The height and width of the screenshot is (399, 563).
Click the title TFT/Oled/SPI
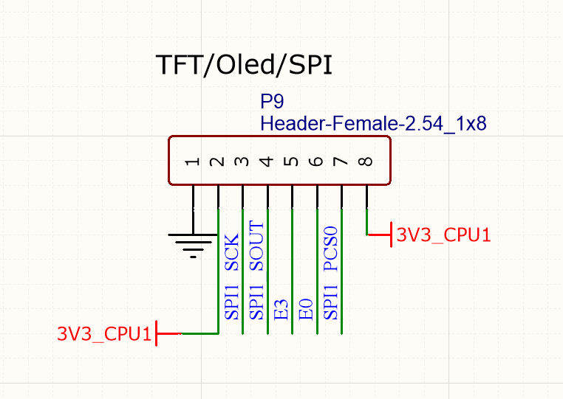click(244, 65)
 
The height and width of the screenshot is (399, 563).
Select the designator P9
click(273, 102)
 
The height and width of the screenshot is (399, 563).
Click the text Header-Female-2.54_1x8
click(372, 122)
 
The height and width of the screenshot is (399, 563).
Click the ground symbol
click(193, 243)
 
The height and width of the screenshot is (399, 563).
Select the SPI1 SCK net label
click(232, 277)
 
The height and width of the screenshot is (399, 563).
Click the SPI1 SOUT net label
click(256, 270)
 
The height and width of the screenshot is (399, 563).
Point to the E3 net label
click(281, 309)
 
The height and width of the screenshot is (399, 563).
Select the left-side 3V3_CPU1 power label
click(105, 333)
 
